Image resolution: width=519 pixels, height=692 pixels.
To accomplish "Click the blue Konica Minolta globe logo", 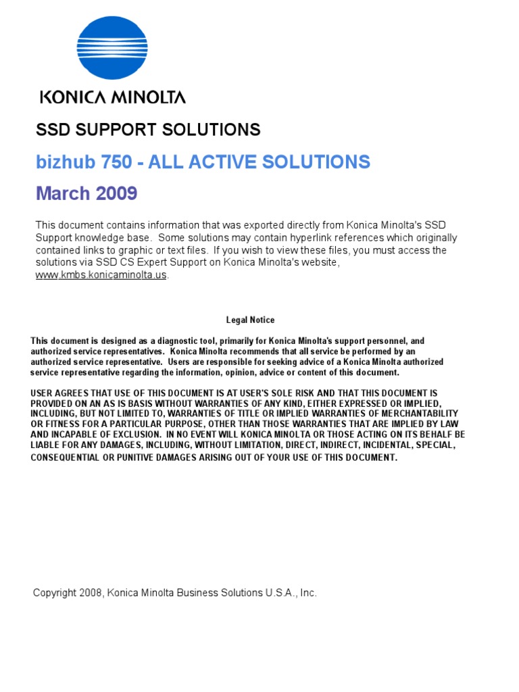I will coord(112,47).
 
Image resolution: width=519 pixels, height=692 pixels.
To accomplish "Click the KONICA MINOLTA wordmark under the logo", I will coord(112,97).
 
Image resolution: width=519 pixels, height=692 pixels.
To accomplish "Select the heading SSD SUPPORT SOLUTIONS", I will coord(148,130).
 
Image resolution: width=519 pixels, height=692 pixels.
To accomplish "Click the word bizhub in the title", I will coord(64,162).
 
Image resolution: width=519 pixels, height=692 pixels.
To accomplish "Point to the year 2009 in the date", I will coord(116,194).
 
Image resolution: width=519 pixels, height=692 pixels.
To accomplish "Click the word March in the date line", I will coord(63,194).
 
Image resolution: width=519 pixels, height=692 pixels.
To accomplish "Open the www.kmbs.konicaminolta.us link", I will coord(101,275).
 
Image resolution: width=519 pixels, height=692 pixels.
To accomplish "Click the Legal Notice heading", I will coord(250,320).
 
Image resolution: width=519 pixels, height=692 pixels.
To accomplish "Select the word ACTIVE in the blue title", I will coord(218,162).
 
